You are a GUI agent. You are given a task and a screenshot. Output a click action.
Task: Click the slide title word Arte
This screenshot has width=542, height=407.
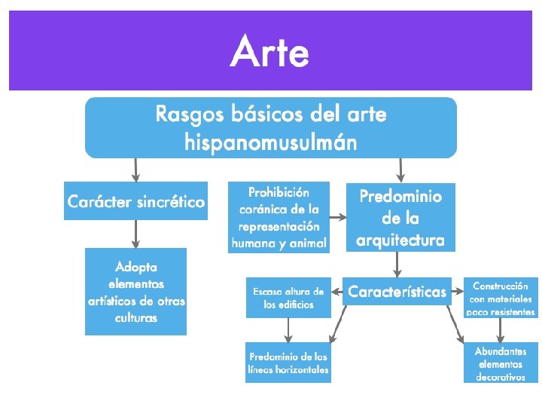pyautogui.click(x=270, y=52)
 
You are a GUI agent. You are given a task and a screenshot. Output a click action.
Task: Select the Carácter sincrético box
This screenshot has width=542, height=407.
pyautogui.click(x=135, y=202)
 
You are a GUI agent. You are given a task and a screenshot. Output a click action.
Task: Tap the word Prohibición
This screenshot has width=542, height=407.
pyautogui.click(x=279, y=192)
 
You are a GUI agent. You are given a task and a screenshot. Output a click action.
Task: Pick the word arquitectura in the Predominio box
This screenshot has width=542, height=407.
pyautogui.click(x=400, y=240)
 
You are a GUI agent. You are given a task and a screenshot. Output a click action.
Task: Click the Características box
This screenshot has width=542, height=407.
pyautogui.click(x=397, y=292)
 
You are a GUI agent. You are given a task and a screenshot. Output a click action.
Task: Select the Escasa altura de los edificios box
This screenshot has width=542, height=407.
pyautogui.click(x=288, y=298)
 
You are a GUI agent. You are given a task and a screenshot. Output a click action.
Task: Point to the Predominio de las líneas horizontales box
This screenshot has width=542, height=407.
pyautogui.click(x=288, y=363)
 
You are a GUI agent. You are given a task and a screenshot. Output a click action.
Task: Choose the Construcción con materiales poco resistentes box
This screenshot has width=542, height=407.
pyautogui.click(x=501, y=298)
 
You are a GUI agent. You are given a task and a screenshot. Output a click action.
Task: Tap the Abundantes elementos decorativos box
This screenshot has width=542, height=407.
pyautogui.click(x=501, y=363)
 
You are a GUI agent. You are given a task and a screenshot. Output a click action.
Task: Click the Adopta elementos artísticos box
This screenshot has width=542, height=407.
pyautogui.click(x=135, y=291)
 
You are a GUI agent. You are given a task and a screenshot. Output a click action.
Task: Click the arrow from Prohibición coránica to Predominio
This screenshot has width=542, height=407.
pyautogui.click(x=337, y=218)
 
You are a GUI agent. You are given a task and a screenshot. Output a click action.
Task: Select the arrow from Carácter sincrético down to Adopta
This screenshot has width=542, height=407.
pyautogui.click(x=135, y=234)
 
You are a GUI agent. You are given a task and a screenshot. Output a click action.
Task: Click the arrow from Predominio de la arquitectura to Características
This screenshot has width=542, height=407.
pyautogui.click(x=397, y=264)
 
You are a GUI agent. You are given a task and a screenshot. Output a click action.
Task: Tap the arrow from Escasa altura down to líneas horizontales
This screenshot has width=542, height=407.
pyautogui.click(x=288, y=329)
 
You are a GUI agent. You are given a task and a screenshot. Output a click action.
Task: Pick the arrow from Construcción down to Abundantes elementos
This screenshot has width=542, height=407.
pyautogui.click(x=500, y=329)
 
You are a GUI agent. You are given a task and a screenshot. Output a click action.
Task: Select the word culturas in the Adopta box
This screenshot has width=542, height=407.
pyautogui.click(x=136, y=318)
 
